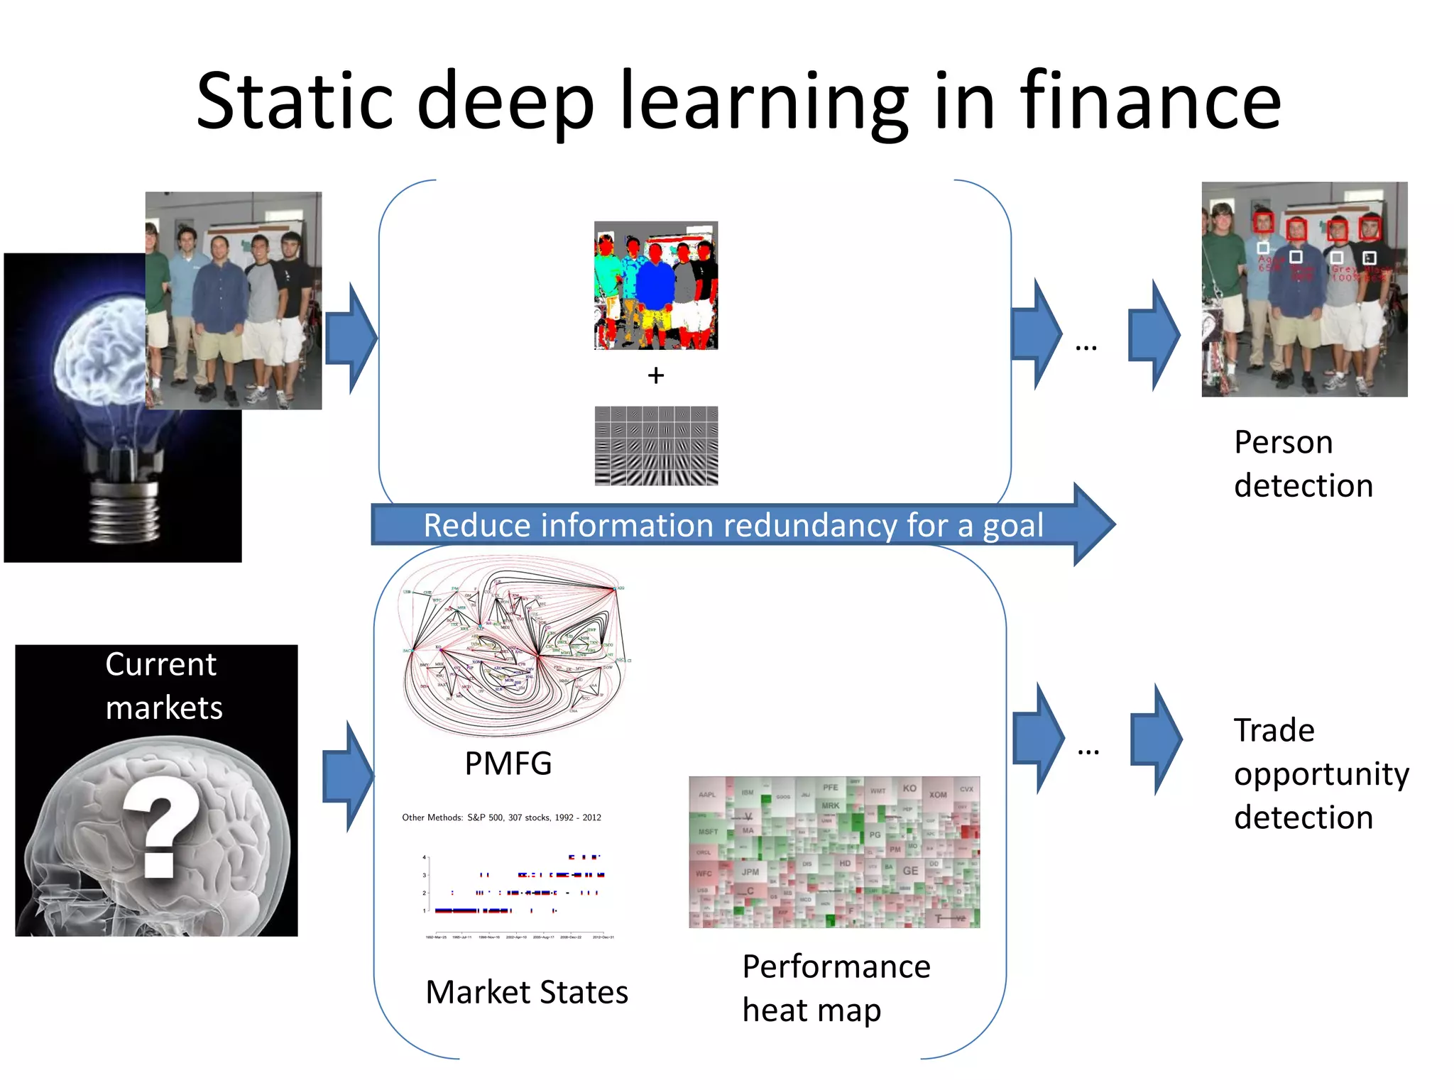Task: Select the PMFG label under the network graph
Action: pos(508,764)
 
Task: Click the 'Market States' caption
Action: pos(527,991)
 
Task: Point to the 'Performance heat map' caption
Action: pos(836,988)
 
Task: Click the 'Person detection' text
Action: pos(1303,463)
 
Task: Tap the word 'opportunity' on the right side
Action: pos(1321,774)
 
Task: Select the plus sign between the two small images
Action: pos(655,375)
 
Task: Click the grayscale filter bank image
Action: pos(656,446)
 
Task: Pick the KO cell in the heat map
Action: pos(909,788)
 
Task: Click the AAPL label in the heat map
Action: pos(708,795)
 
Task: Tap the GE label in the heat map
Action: pos(910,871)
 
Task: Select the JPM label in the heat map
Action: pos(750,871)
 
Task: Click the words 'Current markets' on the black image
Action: pos(163,686)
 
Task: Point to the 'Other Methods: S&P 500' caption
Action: pos(501,817)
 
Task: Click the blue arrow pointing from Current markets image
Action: pos(347,776)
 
